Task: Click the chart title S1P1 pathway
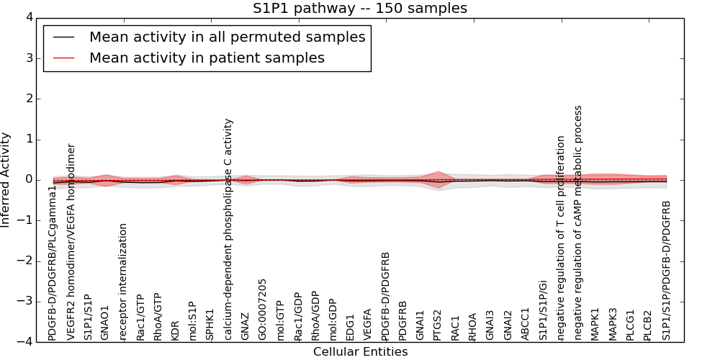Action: point(359,9)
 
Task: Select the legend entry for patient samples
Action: point(207,58)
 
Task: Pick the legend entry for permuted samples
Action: point(227,37)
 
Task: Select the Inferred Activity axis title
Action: point(6,179)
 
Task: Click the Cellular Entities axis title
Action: point(360,352)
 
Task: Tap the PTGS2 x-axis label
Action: point(438,325)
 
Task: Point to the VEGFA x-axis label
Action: point(368,325)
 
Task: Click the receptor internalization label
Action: point(123,282)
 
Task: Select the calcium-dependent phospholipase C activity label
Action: point(228,230)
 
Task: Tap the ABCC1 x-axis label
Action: point(526,324)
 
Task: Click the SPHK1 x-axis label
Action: point(210,325)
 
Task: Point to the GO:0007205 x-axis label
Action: point(263,310)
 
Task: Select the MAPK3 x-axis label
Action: point(613,324)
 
